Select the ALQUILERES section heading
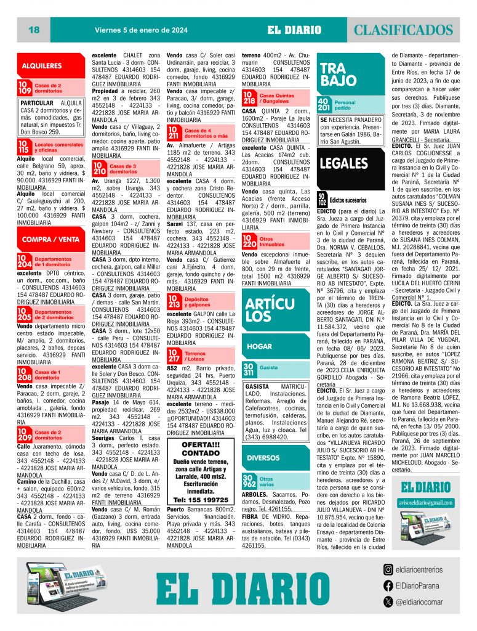click(x=42, y=65)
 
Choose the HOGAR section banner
click(x=260, y=347)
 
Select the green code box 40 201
click(x=323, y=104)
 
